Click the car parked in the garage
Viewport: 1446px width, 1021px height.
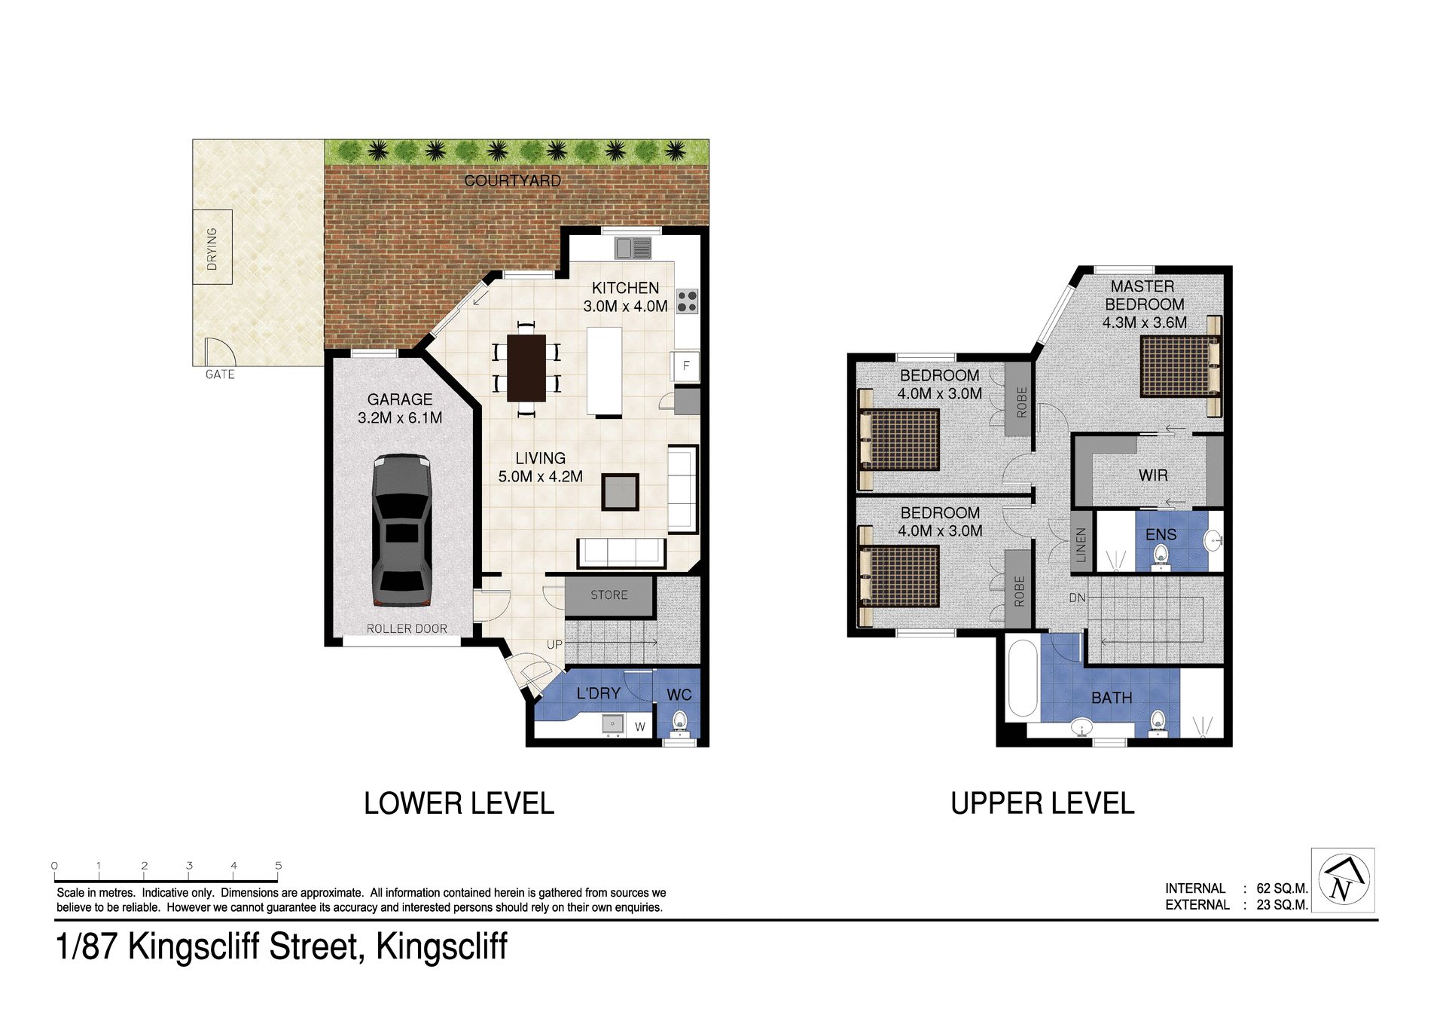401,530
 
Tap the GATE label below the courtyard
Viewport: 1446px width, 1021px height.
220,374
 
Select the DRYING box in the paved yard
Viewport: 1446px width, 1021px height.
212,247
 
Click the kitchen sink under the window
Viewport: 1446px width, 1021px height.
633,247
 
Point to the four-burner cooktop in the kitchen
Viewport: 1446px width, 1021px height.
687,301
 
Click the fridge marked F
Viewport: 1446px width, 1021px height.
685,366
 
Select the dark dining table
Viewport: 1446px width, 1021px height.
526,368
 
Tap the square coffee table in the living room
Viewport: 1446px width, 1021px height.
620,492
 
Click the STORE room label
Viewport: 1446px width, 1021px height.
609,595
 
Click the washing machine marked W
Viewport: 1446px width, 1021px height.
639,726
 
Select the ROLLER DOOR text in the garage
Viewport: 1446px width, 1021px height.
407,628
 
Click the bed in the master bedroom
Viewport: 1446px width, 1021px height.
1179,366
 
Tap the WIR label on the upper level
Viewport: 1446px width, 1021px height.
1153,475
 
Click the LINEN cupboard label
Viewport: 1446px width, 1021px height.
1081,545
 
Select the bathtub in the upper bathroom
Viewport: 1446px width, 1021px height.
1023,678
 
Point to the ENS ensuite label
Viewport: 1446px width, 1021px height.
1161,535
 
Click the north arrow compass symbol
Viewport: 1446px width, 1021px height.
1344,879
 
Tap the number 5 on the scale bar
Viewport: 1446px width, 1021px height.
279,866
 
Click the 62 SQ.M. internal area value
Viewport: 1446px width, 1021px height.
1282,888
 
